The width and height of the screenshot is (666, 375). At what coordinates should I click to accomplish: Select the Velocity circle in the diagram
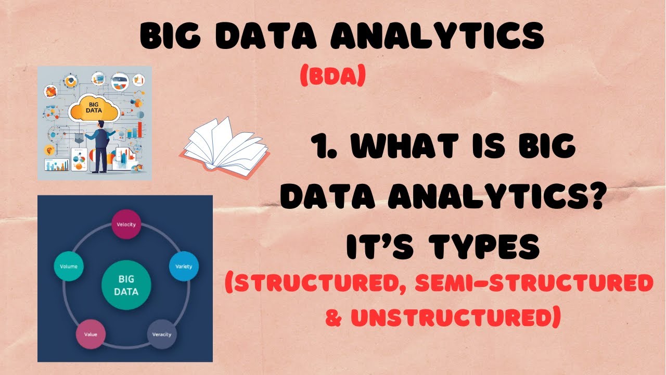pyautogui.click(x=126, y=224)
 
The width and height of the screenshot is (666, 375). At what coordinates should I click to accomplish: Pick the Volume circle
pyautogui.click(x=69, y=266)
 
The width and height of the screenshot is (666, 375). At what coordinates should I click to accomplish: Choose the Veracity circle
pyautogui.click(x=162, y=334)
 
